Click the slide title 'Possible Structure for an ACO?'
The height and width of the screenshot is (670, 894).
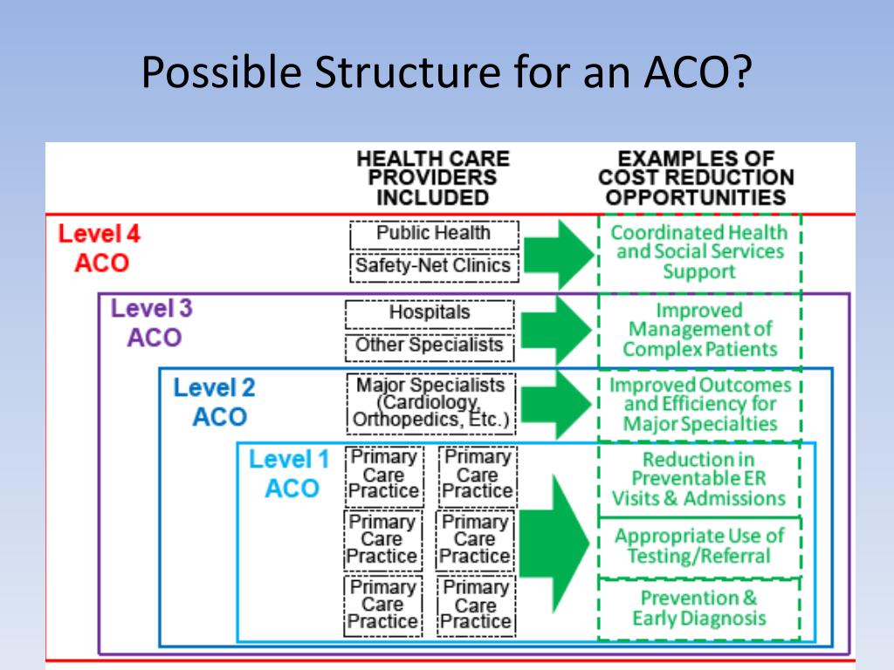tap(446, 72)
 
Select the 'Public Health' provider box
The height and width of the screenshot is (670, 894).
tap(434, 234)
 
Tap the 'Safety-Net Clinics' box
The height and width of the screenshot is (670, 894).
tap(434, 266)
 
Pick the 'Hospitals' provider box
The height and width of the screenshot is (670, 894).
tap(430, 312)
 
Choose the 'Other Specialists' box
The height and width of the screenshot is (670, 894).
tap(430, 345)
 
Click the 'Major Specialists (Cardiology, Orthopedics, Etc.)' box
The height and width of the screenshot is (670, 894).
tap(430, 402)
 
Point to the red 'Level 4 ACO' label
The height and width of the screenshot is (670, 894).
tap(99, 249)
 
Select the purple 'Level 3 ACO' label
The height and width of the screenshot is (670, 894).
tap(152, 323)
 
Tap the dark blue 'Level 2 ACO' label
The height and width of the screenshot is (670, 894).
tap(215, 402)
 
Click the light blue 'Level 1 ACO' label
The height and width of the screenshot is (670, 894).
tap(290, 474)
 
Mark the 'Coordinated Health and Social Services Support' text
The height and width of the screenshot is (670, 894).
tap(698, 252)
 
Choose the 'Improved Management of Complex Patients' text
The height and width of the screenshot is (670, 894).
tap(700, 330)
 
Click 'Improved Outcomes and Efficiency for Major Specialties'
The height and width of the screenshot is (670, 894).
tap(700, 405)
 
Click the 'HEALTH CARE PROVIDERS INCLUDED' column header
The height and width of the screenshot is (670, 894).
tap(432, 178)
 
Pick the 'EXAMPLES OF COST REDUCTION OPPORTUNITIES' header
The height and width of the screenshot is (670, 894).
tap(696, 178)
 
